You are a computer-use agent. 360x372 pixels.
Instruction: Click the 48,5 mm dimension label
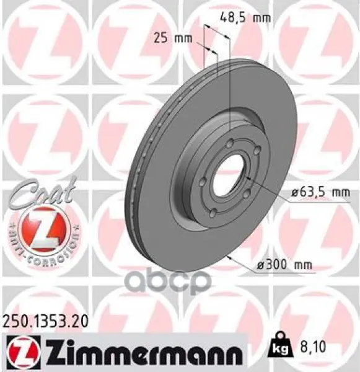pyautogui.click(x=245, y=17)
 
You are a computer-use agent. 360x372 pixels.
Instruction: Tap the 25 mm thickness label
pyautogui.click(x=173, y=38)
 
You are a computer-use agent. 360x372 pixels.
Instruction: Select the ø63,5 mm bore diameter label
pyautogui.click(x=320, y=192)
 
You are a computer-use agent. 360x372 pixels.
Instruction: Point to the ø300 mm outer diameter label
pyautogui.click(x=284, y=264)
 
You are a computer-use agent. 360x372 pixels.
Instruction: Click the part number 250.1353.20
pyautogui.click(x=45, y=322)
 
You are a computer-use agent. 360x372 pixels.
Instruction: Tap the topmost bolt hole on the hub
pyautogui.click(x=230, y=144)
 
